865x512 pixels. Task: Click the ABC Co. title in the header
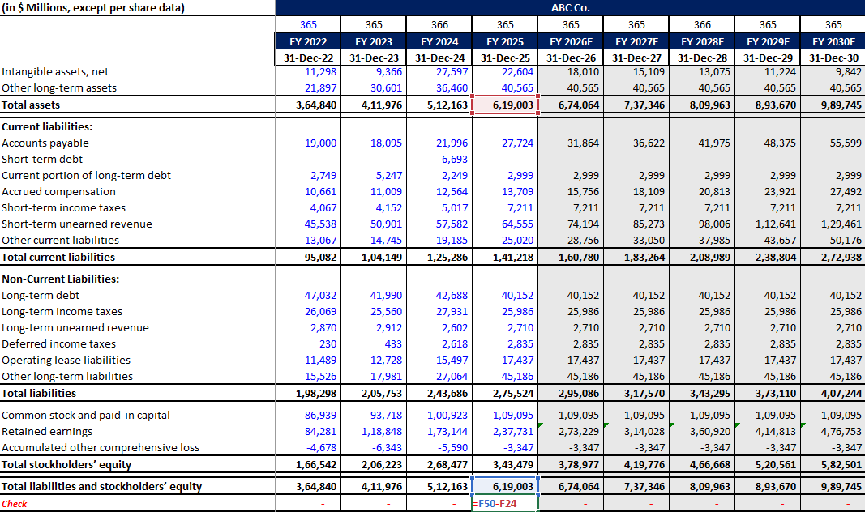click(570, 8)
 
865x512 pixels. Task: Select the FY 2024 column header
click(439, 41)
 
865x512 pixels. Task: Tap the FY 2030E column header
click(833, 41)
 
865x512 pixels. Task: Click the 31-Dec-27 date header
click(636, 58)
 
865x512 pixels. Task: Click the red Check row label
click(15, 504)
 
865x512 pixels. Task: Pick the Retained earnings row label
click(47, 432)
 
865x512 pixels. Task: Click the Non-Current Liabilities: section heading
click(61, 279)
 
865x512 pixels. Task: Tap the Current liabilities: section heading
click(47, 127)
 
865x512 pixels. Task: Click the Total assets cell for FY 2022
click(316, 105)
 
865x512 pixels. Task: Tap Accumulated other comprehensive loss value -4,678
click(322, 448)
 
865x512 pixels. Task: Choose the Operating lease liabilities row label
click(66, 361)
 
